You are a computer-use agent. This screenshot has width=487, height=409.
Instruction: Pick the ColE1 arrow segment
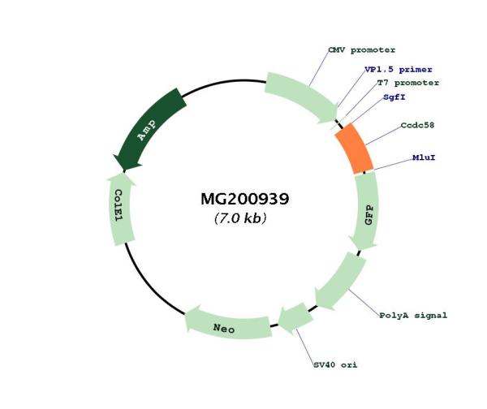click(119, 206)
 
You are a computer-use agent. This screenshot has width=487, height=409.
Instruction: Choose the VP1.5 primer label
click(399, 70)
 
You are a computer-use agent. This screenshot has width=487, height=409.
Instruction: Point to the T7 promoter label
click(407, 83)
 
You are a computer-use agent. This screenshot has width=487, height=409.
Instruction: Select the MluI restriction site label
click(423, 157)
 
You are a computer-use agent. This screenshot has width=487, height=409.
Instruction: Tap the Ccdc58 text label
click(419, 127)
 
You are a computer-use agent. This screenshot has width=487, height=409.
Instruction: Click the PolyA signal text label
click(413, 315)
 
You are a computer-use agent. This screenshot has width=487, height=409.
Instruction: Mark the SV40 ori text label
click(335, 364)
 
